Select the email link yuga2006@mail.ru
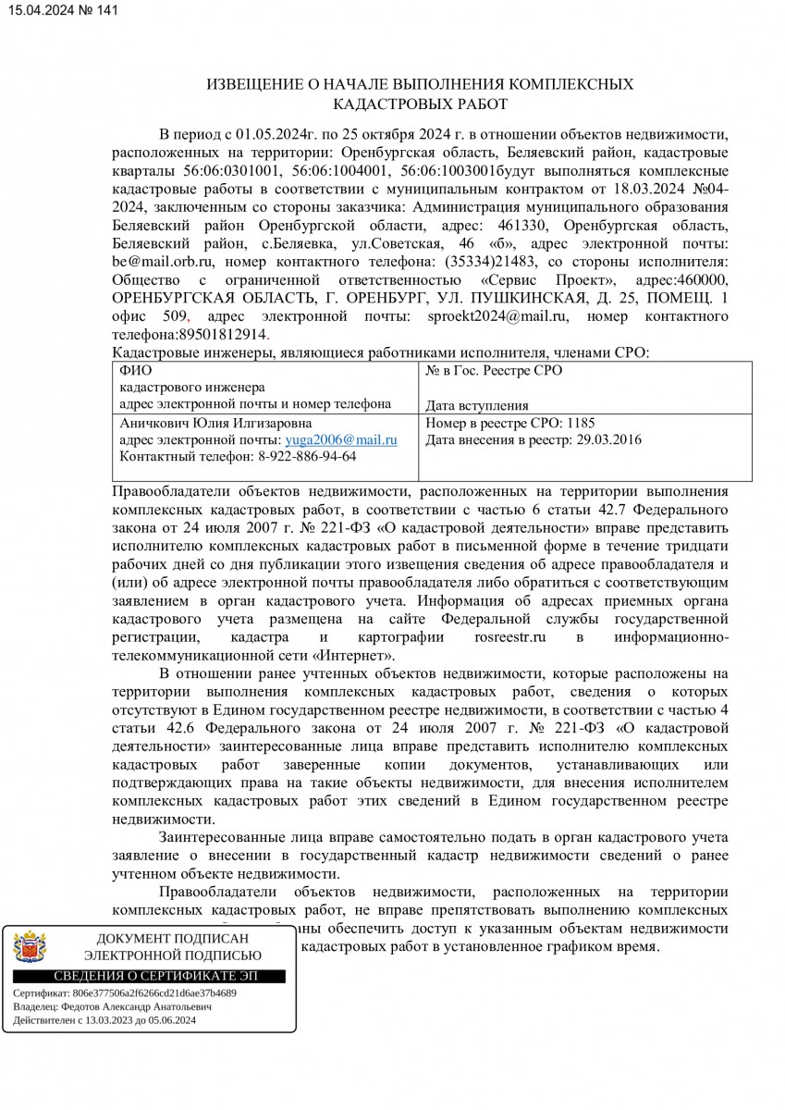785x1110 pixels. point(342,440)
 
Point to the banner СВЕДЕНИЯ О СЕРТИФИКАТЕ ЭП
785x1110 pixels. point(154,976)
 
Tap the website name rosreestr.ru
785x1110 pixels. point(507,638)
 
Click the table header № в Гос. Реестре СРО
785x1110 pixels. point(493,371)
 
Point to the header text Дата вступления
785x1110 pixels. point(477,405)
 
